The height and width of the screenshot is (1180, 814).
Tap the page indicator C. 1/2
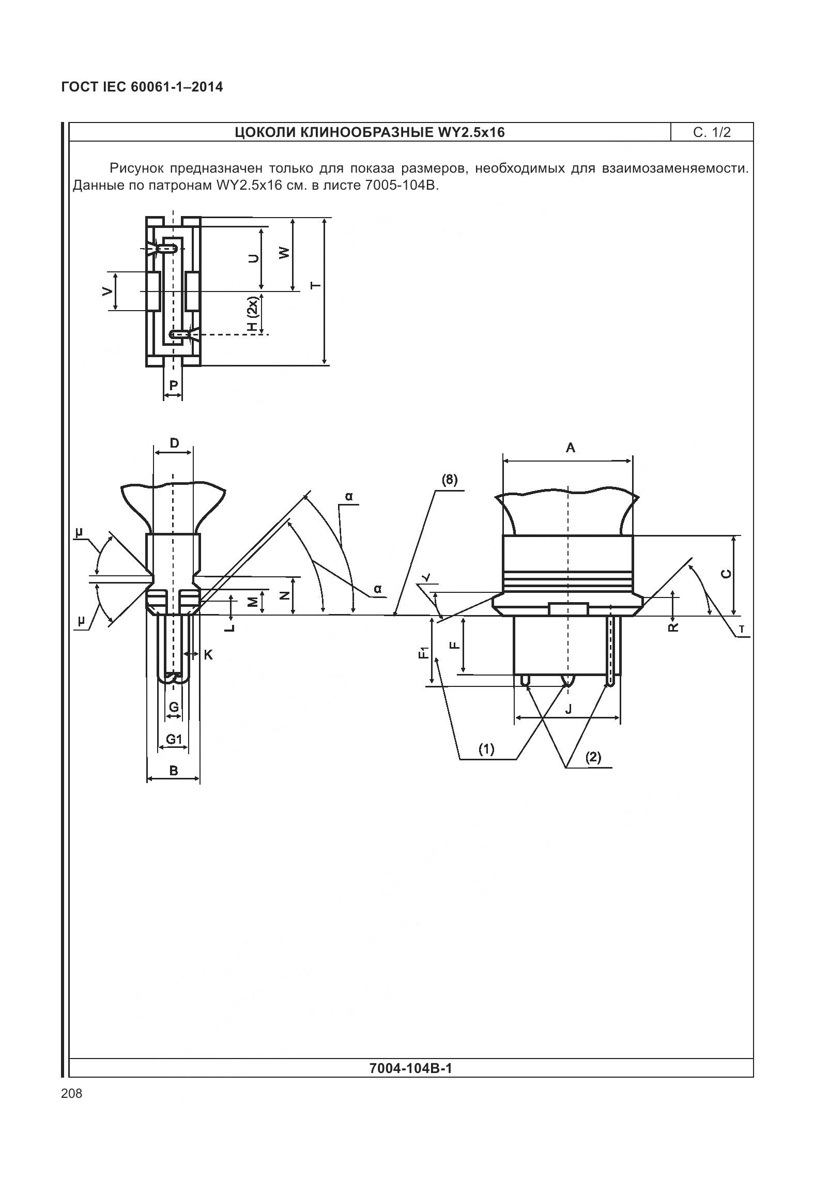pos(712,132)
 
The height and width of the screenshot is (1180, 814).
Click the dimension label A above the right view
pos(570,448)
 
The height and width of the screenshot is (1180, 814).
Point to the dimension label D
pos(174,443)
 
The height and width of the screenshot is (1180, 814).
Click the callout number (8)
pos(449,480)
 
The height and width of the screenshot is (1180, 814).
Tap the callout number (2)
pos(593,757)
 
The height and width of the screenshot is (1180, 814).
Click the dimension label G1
pos(174,739)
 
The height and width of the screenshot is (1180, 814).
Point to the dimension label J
pos(569,709)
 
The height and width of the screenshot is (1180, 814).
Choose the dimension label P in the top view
pos(174,385)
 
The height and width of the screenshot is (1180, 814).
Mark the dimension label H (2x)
pos(252,314)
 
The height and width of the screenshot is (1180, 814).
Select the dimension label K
pos(208,655)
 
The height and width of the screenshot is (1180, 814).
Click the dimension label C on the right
pos(726,574)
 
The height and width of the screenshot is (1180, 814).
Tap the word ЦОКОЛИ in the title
pos(265,133)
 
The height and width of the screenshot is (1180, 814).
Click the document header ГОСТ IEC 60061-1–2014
pos(142,87)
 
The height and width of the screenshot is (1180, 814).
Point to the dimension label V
pos(107,291)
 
